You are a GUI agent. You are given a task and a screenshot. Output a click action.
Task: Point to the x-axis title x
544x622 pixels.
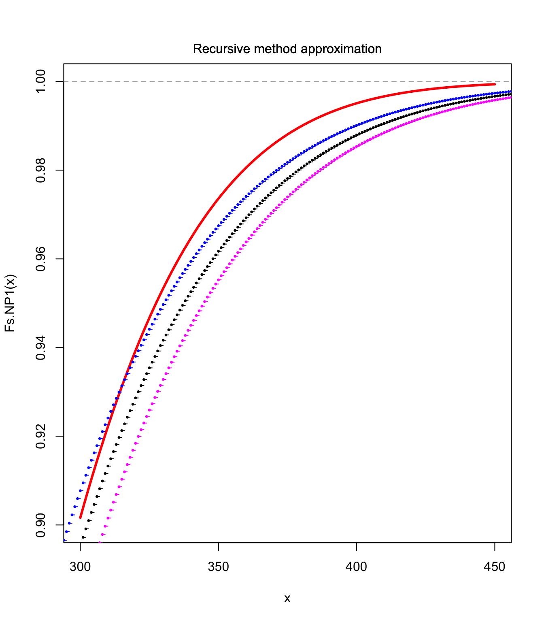[287, 598]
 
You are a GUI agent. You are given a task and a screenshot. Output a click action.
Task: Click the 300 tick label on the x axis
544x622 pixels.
[80, 567]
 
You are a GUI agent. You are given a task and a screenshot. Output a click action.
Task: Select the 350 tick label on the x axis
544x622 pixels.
[219, 567]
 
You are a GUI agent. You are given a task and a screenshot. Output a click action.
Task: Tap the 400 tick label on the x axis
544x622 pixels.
[357, 567]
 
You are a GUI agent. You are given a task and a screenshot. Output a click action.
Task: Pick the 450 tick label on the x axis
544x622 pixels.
[495, 567]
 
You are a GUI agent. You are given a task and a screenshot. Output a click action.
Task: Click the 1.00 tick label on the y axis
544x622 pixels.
[41, 81]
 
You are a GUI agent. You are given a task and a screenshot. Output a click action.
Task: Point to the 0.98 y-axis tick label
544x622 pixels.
[41, 170]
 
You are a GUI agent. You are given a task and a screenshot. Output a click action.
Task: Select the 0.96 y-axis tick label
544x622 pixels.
[41, 259]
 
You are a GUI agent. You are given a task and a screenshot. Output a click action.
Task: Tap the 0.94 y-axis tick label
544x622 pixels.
[41, 347]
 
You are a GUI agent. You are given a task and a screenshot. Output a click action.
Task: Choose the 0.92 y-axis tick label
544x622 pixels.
[41, 436]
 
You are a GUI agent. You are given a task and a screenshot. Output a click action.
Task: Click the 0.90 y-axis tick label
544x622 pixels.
[41, 525]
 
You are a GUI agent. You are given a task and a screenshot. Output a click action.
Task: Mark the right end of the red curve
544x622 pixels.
[495, 84]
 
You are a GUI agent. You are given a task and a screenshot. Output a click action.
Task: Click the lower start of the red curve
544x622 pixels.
[81, 518]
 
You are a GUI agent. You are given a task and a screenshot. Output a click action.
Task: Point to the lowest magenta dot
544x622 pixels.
[100, 542]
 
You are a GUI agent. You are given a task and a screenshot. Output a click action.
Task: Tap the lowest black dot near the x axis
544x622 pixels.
[83, 537]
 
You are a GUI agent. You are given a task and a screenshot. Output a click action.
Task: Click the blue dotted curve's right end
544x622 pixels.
[510, 92]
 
